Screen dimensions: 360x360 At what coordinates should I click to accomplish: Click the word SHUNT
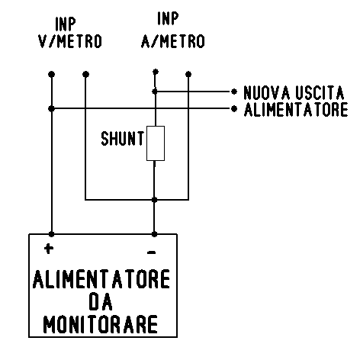(x=123, y=139)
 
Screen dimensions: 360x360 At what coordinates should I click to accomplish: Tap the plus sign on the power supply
(x=48, y=249)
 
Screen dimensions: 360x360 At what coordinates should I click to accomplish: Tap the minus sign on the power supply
(x=152, y=252)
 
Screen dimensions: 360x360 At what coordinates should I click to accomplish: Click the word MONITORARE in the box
(x=101, y=324)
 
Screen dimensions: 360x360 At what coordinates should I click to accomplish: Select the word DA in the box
(x=101, y=302)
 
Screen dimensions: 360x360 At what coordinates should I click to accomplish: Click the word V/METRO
(x=70, y=41)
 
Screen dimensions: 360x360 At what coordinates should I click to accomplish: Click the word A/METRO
(x=173, y=41)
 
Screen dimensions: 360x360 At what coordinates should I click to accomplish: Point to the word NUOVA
(x=267, y=92)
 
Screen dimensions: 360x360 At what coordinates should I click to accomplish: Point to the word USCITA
(x=320, y=92)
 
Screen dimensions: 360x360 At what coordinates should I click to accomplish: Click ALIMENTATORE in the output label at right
(x=296, y=110)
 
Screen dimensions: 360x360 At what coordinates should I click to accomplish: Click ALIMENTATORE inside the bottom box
(x=101, y=279)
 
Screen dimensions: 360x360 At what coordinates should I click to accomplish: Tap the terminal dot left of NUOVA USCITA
(x=234, y=92)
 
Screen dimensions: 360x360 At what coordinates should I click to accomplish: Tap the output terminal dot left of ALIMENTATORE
(x=234, y=109)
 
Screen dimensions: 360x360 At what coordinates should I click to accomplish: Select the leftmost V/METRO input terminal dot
(x=51, y=74)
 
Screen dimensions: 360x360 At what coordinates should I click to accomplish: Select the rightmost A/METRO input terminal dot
(x=188, y=74)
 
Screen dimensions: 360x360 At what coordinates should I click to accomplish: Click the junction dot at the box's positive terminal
(x=51, y=234)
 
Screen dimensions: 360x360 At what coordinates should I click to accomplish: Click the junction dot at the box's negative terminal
(x=154, y=234)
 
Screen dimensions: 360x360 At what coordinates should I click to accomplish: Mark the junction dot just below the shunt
(x=154, y=200)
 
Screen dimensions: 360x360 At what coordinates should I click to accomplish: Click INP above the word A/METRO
(x=168, y=18)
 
